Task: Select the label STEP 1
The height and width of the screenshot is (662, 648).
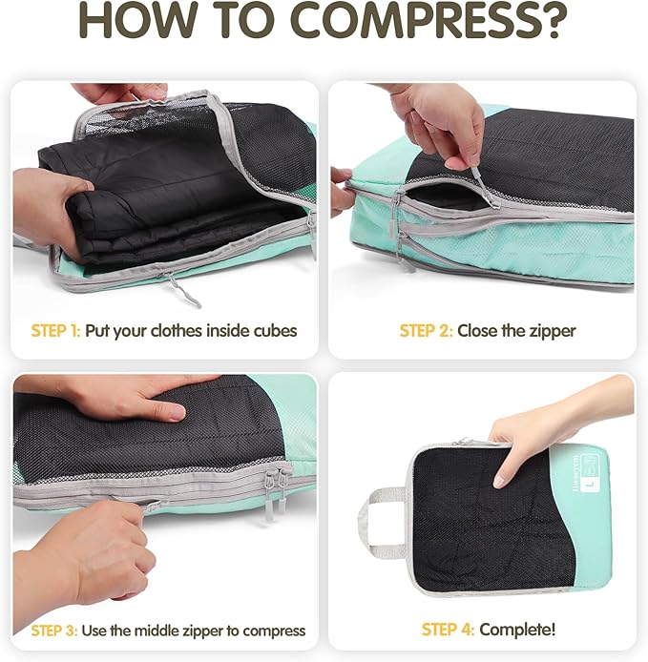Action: (x=55, y=331)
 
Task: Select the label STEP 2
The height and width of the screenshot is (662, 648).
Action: (x=426, y=331)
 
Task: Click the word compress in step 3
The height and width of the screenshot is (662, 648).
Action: (x=272, y=631)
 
